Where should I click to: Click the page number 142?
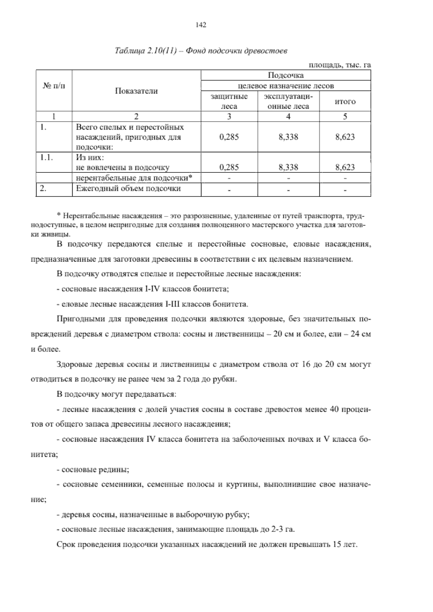pos(201,25)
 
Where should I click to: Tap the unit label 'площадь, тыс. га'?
pos(340,65)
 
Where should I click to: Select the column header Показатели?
pos(136,91)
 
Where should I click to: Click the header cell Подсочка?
pos(285,75)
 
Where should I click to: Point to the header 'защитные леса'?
pos(229,101)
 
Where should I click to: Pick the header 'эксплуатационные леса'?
pos(288,101)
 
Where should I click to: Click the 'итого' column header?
pos(345,102)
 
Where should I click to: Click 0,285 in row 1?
pos(229,137)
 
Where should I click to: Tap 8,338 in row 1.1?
pos(288,167)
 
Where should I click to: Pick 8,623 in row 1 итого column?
pos(345,137)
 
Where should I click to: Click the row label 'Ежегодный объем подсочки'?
pos(128,188)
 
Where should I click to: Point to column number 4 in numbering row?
pos(288,117)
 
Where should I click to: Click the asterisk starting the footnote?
pos(59,216)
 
